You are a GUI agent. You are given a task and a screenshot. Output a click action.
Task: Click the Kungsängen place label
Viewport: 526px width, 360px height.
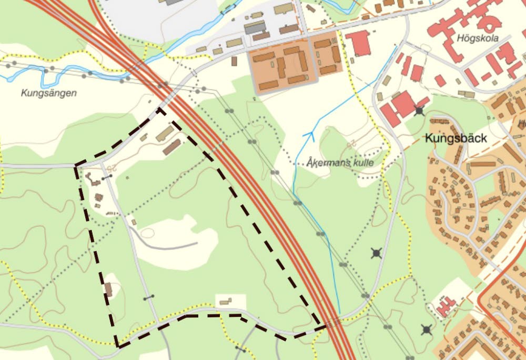(x=49, y=93)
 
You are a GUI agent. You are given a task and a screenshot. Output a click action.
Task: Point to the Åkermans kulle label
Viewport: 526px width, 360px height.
(x=341, y=163)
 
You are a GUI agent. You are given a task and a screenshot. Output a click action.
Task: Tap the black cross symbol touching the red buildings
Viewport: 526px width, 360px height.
(x=419, y=111)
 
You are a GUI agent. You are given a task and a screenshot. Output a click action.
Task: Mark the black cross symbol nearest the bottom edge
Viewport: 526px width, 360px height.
(x=427, y=330)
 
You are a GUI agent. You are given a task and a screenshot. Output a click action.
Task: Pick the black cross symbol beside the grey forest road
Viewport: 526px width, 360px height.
(x=376, y=254)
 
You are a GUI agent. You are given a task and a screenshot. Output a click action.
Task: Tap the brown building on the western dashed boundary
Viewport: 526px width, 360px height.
(x=108, y=289)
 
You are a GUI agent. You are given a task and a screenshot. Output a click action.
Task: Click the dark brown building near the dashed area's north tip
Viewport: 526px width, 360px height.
(x=172, y=147)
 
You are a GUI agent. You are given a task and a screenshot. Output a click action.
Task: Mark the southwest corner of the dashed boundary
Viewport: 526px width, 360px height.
(x=119, y=346)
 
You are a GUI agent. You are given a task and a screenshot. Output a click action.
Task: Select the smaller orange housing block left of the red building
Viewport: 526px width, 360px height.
(x=327, y=54)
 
